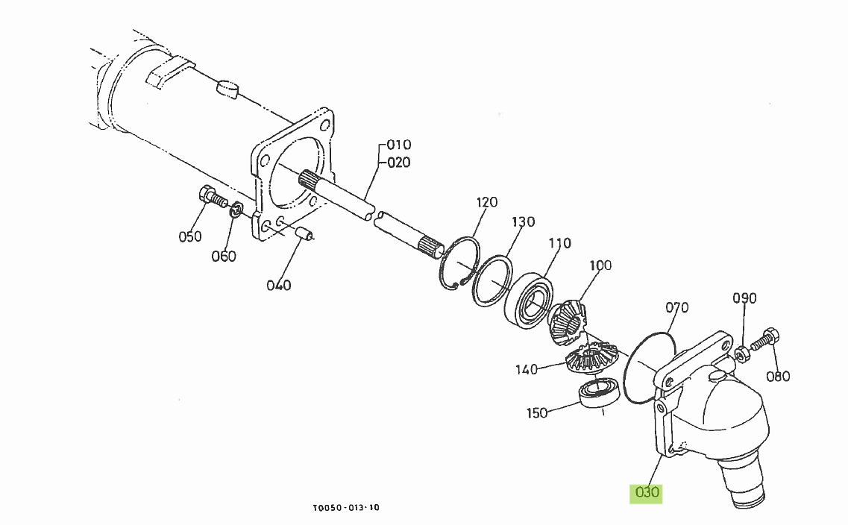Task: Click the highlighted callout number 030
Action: click(x=647, y=492)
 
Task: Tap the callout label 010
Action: click(x=399, y=145)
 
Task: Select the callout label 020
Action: click(x=399, y=163)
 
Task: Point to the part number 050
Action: click(x=190, y=236)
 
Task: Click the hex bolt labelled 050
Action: click(x=213, y=198)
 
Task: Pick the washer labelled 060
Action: click(x=235, y=210)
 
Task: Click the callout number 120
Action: click(x=486, y=202)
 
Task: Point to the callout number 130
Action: click(x=523, y=222)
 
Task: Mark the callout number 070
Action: click(x=676, y=307)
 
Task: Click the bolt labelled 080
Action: click(x=763, y=340)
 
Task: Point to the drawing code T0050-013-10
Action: click(x=347, y=508)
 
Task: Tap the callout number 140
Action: click(x=527, y=370)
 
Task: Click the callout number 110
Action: click(x=559, y=243)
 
